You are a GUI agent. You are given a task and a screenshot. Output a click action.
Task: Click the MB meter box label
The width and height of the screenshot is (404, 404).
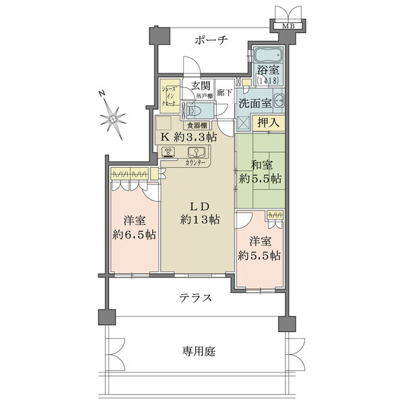click(x=288, y=26)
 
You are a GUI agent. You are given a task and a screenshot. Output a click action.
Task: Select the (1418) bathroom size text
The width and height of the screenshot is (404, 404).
click(x=269, y=79)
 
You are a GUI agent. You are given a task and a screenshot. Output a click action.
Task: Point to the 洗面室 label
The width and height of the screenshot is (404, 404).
click(x=255, y=104)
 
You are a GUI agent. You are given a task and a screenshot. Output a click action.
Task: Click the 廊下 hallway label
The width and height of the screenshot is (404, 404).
click(x=226, y=93)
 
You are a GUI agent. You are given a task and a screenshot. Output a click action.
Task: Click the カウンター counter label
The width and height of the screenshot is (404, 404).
click(x=195, y=163)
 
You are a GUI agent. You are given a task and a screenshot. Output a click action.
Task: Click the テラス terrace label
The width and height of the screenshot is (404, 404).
click(x=196, y=298)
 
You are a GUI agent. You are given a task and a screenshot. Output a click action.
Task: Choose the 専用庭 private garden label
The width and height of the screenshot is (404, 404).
click(x=198, y=351)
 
